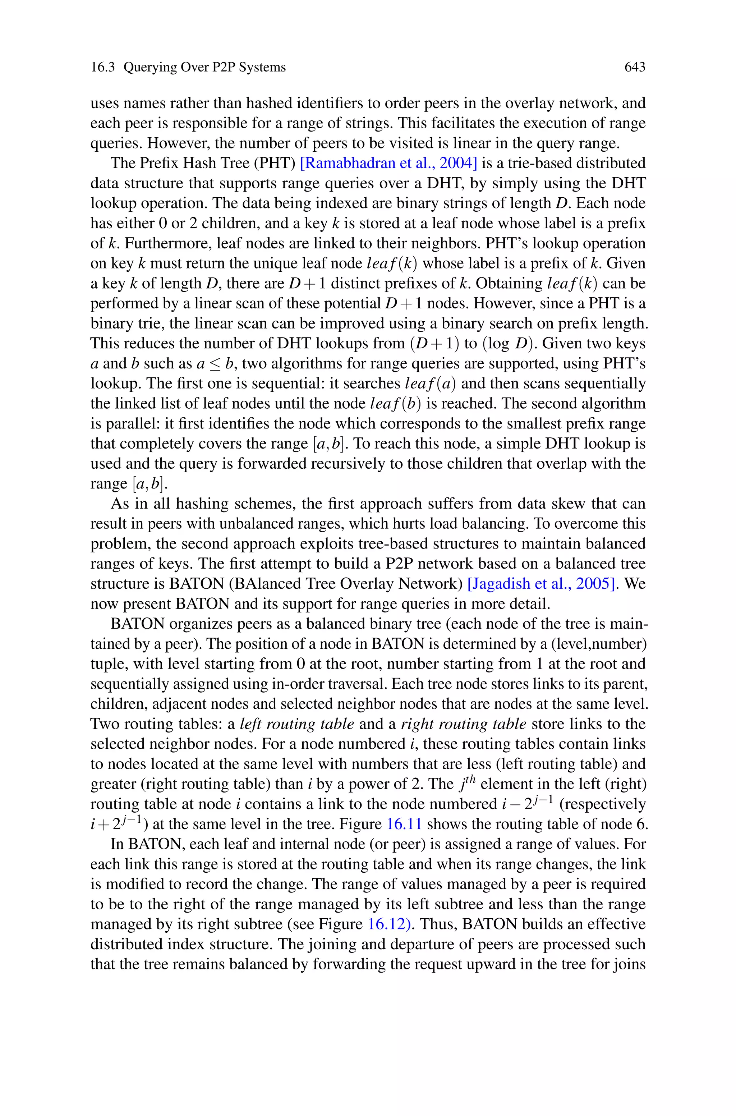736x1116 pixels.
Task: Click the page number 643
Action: (635, 67)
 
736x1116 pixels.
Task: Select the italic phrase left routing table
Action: (296, 724)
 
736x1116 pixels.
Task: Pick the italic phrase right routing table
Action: (463, 724)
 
